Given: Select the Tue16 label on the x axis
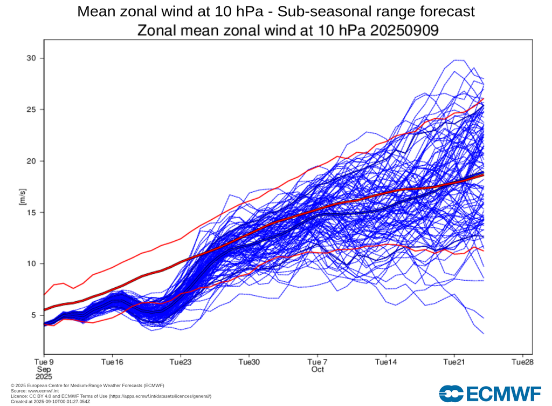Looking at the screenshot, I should click(x=112, y=361).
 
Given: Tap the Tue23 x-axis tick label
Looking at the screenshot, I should click(x=181, y=361).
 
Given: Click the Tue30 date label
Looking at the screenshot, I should click(x=249, y=361).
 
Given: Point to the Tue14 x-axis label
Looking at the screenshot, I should click(x=386, y=361).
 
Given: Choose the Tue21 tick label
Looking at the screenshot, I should click(x=454, y=361).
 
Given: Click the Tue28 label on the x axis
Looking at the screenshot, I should click(x=523, y=361).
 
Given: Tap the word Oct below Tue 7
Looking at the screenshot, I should click(x=318, y=369).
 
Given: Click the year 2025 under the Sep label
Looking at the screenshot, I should click(x=44, y=377).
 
